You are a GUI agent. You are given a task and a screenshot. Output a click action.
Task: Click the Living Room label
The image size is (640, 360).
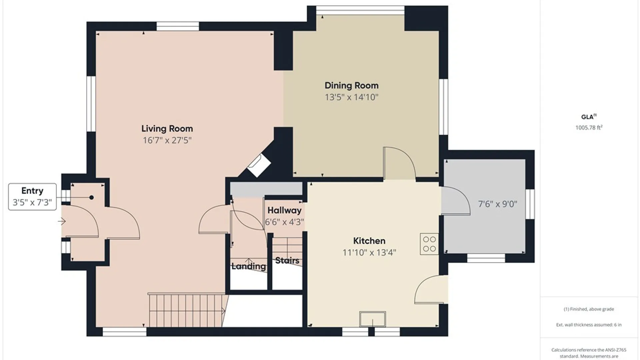[167, 129]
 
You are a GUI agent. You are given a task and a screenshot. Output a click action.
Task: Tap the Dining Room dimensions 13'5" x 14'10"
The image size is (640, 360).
[352, 97]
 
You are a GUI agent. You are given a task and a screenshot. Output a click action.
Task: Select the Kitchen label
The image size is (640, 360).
[369, 241]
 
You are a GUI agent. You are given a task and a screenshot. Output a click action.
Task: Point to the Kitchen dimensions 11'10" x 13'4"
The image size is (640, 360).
[369, 253]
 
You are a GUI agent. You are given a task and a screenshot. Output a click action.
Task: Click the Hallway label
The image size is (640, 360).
[284, 210]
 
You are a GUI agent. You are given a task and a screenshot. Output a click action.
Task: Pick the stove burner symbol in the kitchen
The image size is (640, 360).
[429, 244]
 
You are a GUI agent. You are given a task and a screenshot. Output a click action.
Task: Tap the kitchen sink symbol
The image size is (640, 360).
[373, 319]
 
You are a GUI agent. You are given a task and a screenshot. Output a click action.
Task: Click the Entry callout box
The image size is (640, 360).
[32, 197]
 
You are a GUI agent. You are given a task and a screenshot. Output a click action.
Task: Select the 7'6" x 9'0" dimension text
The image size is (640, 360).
[498, 204]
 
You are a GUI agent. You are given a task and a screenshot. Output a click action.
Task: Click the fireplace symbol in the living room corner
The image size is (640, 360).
[259, 165]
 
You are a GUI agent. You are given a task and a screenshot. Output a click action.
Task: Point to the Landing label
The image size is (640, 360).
[249, 266]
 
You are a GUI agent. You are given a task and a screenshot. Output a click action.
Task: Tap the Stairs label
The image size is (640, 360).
[287, 260]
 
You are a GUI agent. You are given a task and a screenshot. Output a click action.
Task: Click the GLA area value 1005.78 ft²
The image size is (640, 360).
[589, 127]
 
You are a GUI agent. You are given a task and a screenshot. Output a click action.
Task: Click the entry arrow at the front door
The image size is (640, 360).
[62, 221]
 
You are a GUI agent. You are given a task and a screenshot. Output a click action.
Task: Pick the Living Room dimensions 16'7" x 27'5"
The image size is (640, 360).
[167, 140]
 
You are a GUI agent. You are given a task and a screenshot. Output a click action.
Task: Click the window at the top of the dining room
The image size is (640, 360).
[360, 10]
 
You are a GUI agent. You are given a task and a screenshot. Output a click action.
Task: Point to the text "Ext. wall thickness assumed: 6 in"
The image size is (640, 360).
[589, 325]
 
